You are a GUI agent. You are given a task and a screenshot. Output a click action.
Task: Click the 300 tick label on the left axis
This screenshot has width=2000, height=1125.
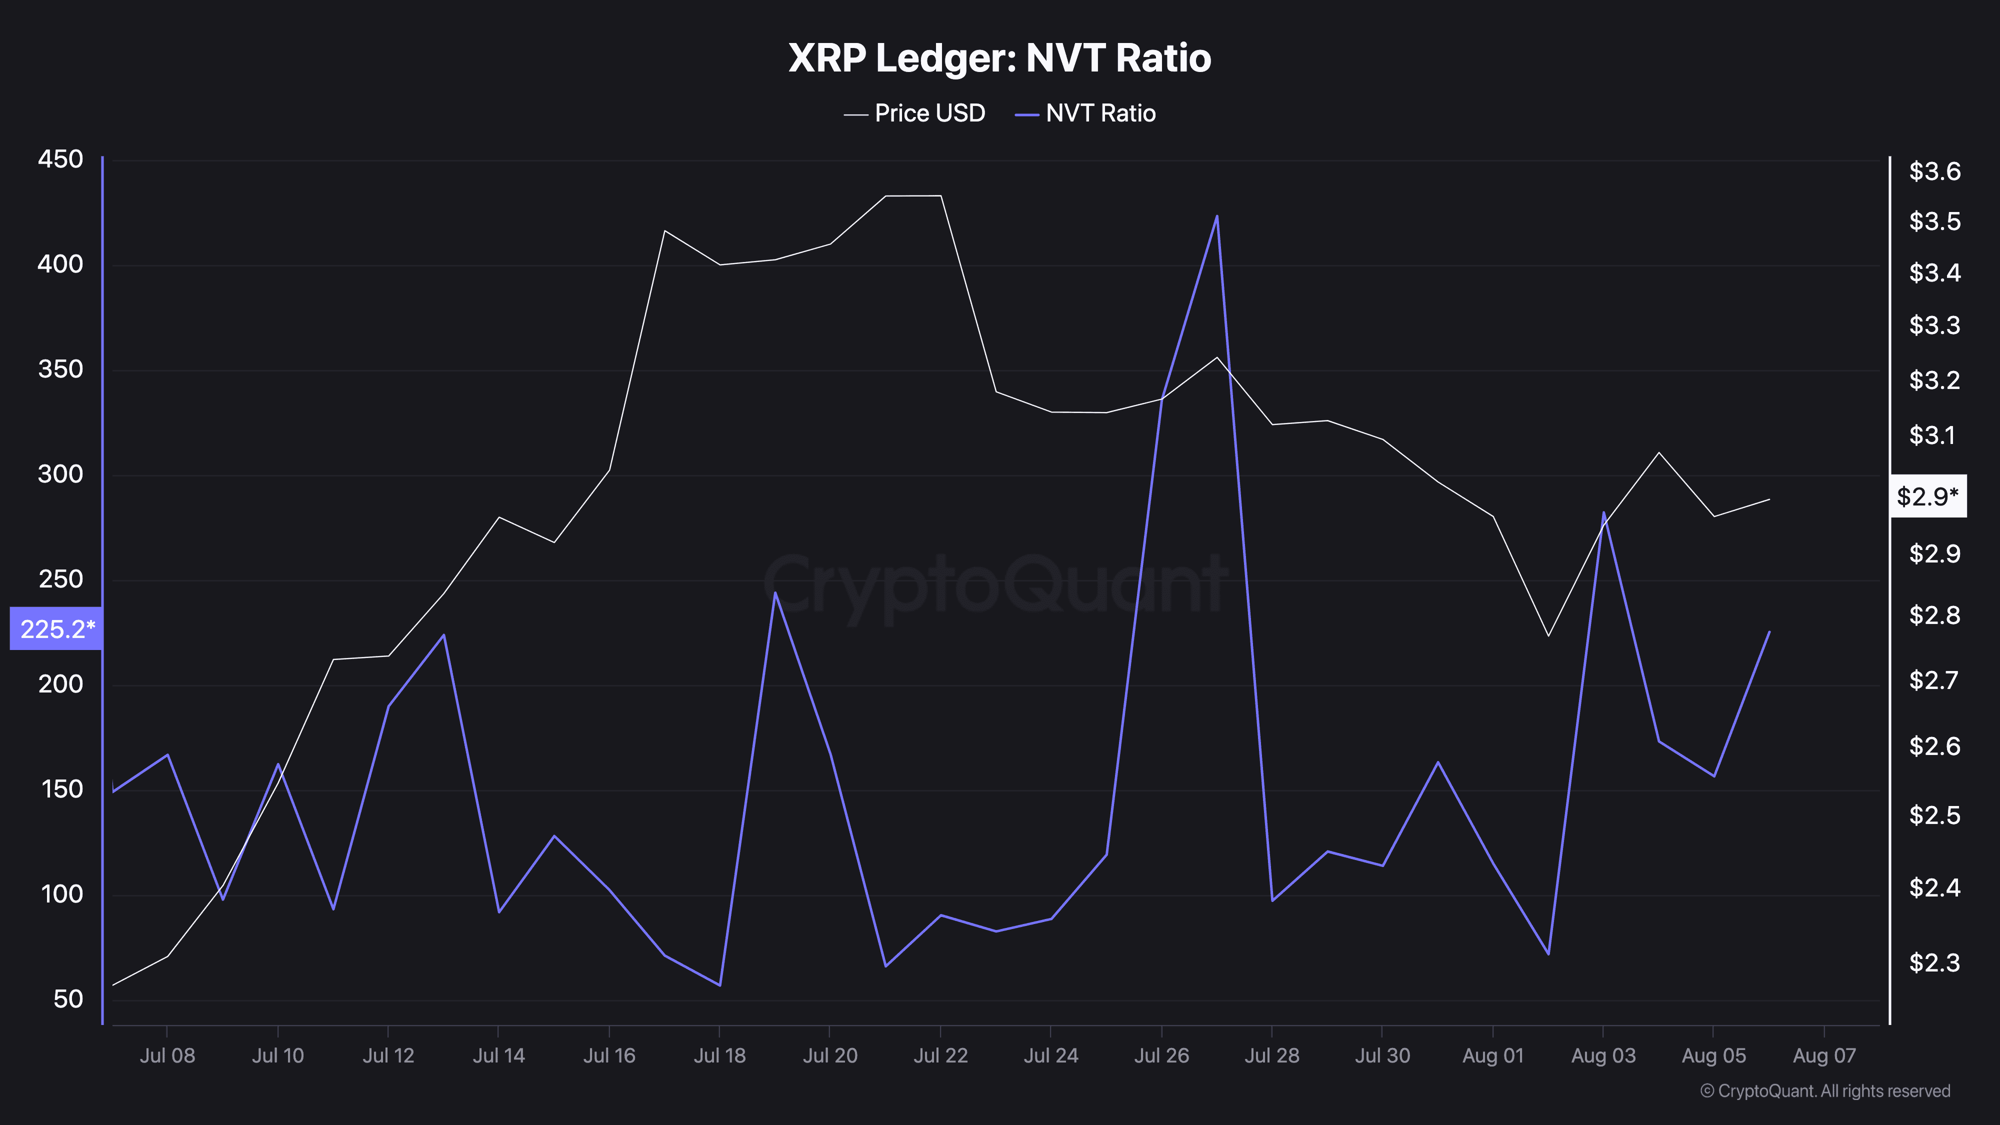point(60,474)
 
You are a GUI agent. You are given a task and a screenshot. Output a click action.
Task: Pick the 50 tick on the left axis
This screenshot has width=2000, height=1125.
point(68,999)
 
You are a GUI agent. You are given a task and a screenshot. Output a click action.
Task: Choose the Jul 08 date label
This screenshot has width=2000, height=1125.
point(167,1056)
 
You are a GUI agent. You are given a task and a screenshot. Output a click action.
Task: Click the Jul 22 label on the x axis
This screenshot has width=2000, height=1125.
point(940,1056)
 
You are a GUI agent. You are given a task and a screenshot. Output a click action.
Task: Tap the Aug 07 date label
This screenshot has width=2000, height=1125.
point(1824,1056)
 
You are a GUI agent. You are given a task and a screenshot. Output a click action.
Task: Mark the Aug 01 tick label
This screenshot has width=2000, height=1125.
point(1492,1056)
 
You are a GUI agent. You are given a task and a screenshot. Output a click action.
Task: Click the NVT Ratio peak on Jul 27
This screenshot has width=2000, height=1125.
point(1216,216)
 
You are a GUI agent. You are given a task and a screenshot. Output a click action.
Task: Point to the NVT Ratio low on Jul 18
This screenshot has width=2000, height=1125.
point(719,985)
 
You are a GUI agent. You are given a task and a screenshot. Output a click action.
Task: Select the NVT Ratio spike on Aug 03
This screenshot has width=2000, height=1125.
point(1603,512)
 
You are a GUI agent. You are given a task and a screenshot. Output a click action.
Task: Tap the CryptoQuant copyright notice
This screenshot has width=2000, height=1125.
point(1824,1091)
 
